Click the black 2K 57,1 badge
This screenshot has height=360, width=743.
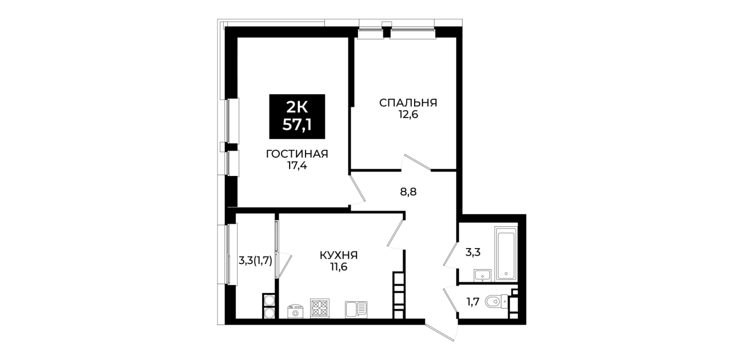coord(297,116)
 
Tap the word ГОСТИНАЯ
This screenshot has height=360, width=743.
coord(297,154)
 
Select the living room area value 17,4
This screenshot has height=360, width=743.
coord(297,166)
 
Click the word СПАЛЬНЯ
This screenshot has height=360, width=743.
coord(408,102)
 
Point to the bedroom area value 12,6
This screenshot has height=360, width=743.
coord(408,115)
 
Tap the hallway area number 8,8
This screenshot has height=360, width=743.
coord(408,192)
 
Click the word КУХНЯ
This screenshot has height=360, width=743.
coord(339,255)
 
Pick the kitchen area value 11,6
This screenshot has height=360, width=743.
coord(339,267)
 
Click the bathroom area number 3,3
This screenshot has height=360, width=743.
coord(473,253)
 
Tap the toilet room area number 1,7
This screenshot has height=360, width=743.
coord(473,302)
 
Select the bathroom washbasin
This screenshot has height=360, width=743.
coord(482,275)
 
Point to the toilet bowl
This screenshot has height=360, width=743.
coord(496,302)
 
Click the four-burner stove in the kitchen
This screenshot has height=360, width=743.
coord(320,308)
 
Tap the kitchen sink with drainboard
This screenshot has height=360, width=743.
coord(356,310)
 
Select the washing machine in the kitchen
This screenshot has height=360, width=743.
coord(296,311)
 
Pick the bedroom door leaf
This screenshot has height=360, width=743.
coord(417,162)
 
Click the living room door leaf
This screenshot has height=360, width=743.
coord(358,188)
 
